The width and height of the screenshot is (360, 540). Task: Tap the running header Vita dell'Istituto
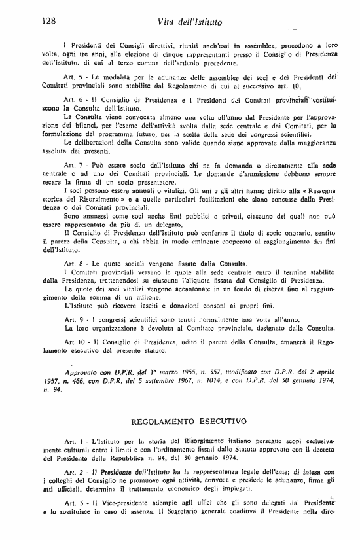coord(190,23)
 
